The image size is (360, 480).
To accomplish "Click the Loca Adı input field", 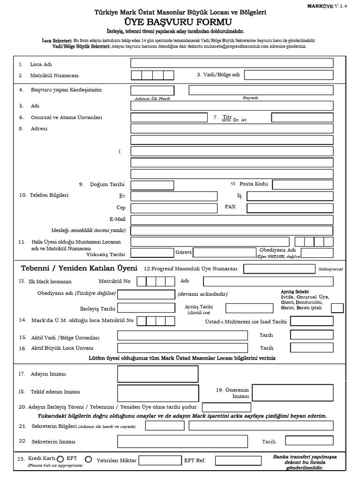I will coord(232,63).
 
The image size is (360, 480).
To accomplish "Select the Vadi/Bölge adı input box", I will coord(289,75).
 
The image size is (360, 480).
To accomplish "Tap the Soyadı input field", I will coord(261,90).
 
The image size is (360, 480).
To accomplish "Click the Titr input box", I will coord(293,117).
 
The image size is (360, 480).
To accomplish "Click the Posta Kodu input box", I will coord(303,184).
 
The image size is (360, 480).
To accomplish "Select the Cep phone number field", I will coord(174,208).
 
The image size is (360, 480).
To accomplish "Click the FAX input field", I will coord(290,208).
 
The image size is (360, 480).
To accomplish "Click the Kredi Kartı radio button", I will coord(61,459).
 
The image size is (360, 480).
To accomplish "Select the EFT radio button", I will coord(88,459).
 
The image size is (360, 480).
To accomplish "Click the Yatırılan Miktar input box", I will coord(160,460).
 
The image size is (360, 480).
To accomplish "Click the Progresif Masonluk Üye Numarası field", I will coord(278,269).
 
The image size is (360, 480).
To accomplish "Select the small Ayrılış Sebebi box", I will coord(337,308).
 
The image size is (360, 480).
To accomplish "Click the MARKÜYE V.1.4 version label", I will coord(336,5).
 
